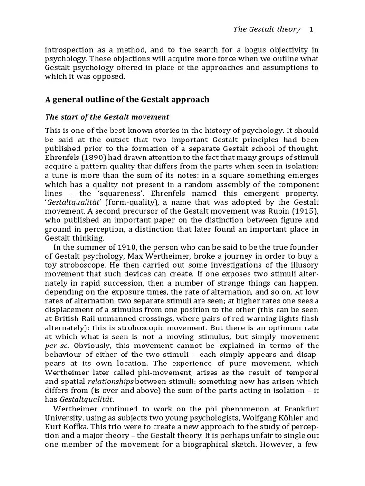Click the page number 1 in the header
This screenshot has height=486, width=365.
click(311, 29)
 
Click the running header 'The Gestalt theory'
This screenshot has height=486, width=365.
click(267, 29)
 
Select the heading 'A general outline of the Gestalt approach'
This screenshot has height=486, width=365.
click(127, 100)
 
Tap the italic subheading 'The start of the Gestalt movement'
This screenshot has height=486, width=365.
click(107, 117)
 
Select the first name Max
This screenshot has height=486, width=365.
click(141, 256)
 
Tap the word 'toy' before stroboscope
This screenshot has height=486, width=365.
click(51, 265)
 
